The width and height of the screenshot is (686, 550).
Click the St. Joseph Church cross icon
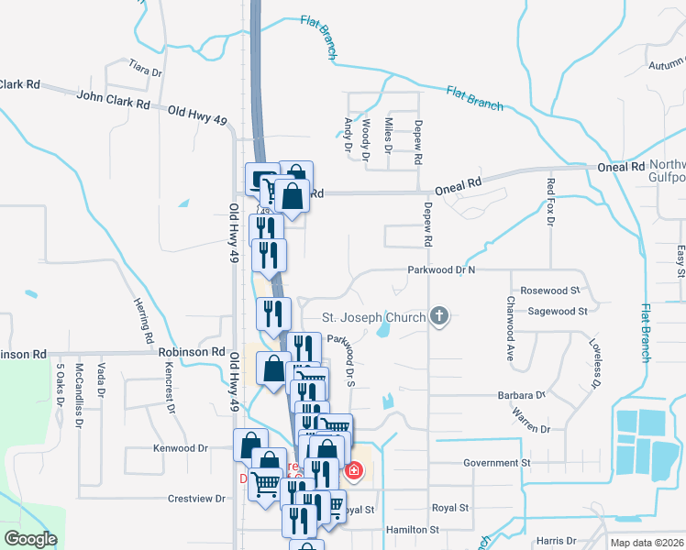point(440,317)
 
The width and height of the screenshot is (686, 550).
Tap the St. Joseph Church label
point(373,318)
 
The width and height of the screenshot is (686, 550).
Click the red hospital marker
point(353,472)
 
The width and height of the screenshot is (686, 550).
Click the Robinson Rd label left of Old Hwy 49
point(191,351)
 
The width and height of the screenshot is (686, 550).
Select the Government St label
point(497,464)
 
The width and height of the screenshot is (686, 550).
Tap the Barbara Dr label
point(520,396)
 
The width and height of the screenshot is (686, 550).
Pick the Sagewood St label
point(557,311)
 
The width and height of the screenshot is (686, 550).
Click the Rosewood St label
point(550,290)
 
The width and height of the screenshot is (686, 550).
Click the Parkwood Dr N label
point(442,270)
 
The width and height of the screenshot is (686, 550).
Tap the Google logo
point(30,540)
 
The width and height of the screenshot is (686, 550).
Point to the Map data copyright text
point(647,543)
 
